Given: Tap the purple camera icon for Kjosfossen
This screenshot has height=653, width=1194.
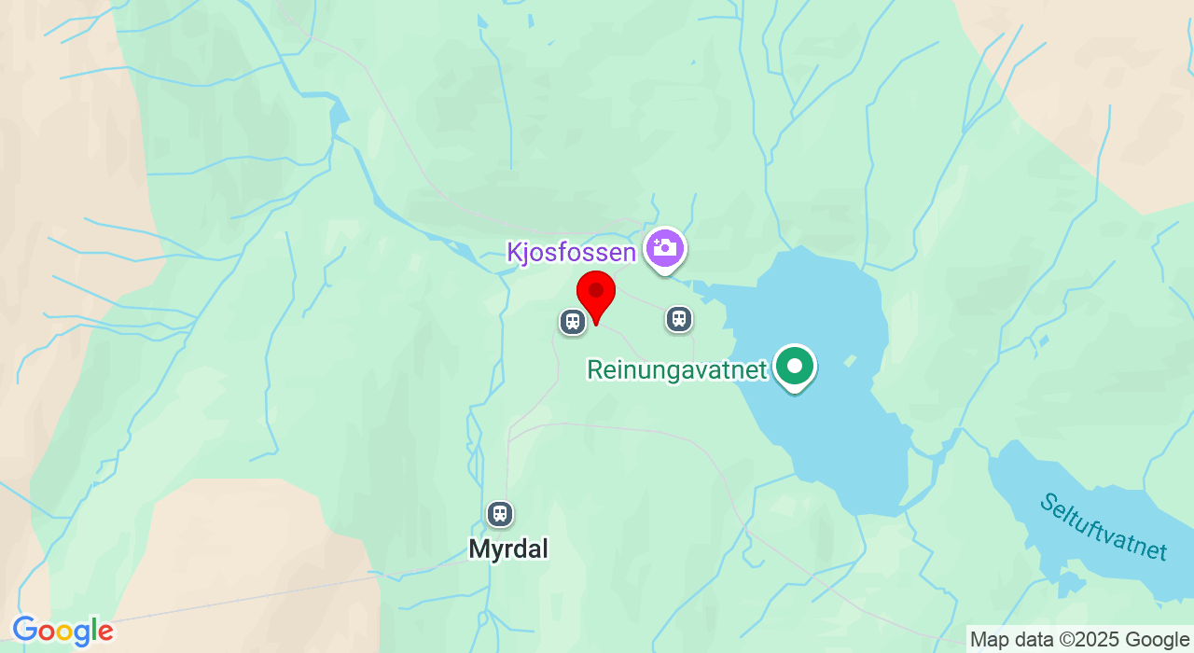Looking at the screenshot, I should click(x=665, y=248).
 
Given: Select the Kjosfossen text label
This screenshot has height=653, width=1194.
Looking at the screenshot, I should click(x=572, y=252).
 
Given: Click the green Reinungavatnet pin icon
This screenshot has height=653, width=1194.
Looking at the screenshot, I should click(x=795, y=367).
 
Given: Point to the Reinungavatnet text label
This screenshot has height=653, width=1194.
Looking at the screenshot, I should click(x=676, y=370).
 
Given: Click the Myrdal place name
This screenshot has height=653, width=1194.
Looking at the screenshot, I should click(x=508, y=549).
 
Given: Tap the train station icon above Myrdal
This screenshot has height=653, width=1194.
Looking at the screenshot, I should click(x=500, y=514).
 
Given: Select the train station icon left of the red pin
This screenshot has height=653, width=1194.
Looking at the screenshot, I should click(x=572, y=322).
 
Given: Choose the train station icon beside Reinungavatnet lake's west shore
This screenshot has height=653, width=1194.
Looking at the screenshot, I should click(x=679, y=319).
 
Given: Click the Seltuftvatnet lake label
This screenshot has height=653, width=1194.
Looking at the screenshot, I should click(x=1103, y=526).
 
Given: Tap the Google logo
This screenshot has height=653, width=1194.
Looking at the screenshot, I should click(x=62, y=632).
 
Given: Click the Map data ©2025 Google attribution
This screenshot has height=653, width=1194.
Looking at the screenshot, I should click(x=1079, y=639).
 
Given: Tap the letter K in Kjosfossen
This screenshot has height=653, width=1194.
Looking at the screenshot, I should click(x=514, y=252).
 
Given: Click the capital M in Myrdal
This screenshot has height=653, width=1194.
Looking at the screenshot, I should click(x=479, y=549).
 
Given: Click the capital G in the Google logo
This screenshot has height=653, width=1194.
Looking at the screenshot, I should click(x=25, y=632).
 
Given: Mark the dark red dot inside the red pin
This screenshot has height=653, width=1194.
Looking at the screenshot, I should click(x=596, y=291).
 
